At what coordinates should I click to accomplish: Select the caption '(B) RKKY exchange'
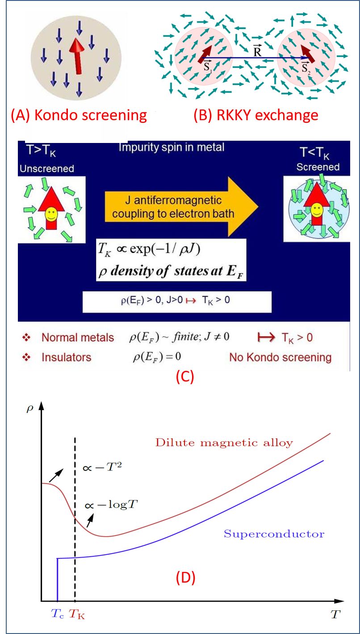255,115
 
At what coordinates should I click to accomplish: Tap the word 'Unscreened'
46,169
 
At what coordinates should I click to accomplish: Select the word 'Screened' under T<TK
318,167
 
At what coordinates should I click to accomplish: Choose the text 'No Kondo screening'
280,357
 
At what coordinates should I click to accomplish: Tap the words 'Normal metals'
78,338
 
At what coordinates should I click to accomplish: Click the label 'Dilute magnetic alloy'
224,443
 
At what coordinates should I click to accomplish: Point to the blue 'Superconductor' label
274,533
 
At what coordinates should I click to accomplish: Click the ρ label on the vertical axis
30,408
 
